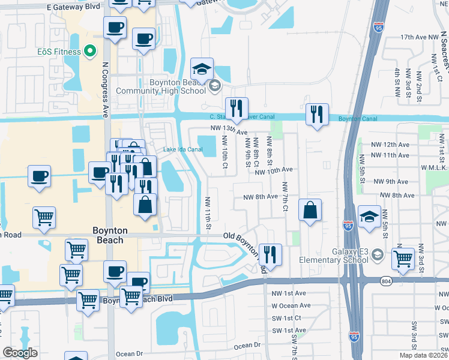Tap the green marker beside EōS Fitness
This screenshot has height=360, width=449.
[91, 52]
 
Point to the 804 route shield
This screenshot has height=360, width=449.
[387, 280]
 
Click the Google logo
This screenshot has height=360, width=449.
[20, 353]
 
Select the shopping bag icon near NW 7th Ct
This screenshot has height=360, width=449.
[309, 211]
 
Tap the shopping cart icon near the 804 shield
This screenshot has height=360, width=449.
[403, 259]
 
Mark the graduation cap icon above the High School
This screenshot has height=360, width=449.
[202, 69]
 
